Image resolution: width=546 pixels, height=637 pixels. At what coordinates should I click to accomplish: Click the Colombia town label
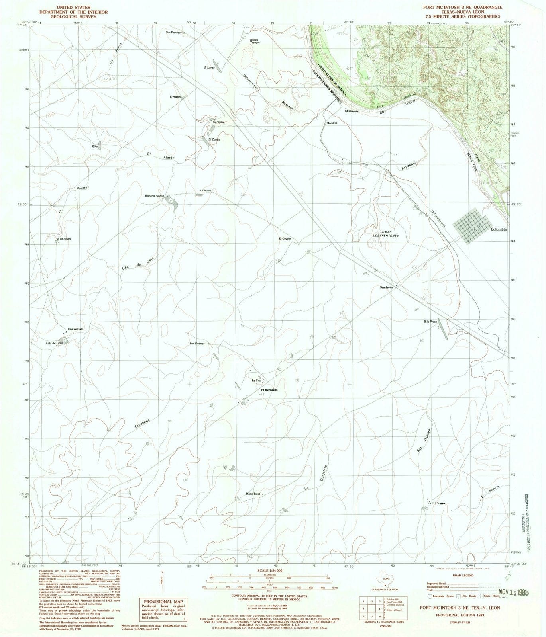(x=499, y=229)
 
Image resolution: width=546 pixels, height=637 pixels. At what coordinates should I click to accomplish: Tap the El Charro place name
(x=438, y=503)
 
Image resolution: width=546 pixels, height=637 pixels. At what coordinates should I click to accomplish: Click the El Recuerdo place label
(x=269, y=390)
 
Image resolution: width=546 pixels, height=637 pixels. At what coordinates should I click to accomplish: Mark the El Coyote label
(x=285, y=239)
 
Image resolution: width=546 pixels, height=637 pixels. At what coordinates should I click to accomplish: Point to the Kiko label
(x=94, y=147)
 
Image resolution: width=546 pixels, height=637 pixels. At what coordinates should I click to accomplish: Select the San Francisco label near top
(x=174, y=32)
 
